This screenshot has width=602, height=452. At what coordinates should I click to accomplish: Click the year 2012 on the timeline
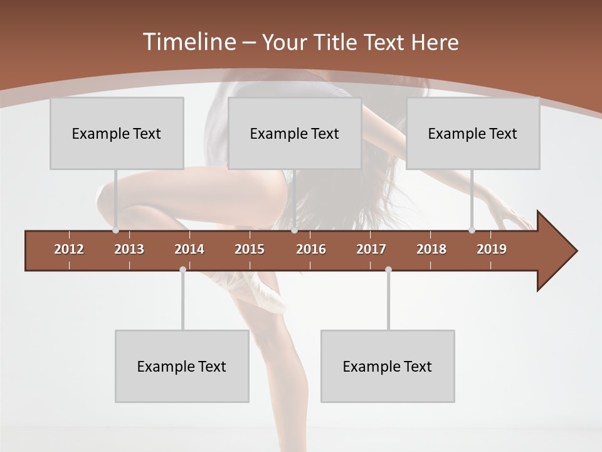pyautogui.click(x=69, y=249)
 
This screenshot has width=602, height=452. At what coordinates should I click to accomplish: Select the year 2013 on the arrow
pyautogui.click(x=129, y=249)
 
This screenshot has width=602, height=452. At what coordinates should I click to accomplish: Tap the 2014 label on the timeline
pyautogui.click(x=189, y=249)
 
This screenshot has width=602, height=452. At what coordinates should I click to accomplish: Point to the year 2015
pyautogui.click(x=250, y=249)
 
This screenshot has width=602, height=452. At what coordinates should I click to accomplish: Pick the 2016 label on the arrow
pyautogui.click(x=311, y=249)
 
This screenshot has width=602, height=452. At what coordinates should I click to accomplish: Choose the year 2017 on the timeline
pyautogui.click(x=371, y=249)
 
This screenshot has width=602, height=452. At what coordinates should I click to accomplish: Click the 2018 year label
pyautogui.click(x=431, y=249)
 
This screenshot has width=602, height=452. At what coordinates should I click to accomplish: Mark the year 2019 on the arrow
pyautogui.click(x=492, y=249)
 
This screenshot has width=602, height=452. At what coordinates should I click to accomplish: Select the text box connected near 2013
pyautogui.click(x=117, y=133)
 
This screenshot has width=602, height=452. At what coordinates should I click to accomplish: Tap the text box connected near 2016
pyautogui.click(x=295, y=133)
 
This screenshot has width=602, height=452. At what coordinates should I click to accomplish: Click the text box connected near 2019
pyautogui.click(x=473, y=133)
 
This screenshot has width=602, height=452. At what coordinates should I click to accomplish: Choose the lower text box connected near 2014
pyautogui.click(x=182, y=366)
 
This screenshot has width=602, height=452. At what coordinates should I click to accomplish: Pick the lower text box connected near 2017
pyautogui.click(x=388, y=366)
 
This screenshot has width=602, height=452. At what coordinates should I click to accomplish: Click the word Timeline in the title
pyautogui.click(x=188, y=42)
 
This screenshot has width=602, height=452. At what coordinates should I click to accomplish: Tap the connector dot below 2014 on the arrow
pyautogui.click(x=182, y=269)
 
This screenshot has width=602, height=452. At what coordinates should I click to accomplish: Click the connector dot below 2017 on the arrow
pyautogui.click(x=388, y=269)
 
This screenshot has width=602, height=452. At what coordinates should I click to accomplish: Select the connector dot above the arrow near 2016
pyautogui.click(x=294, y=230)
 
